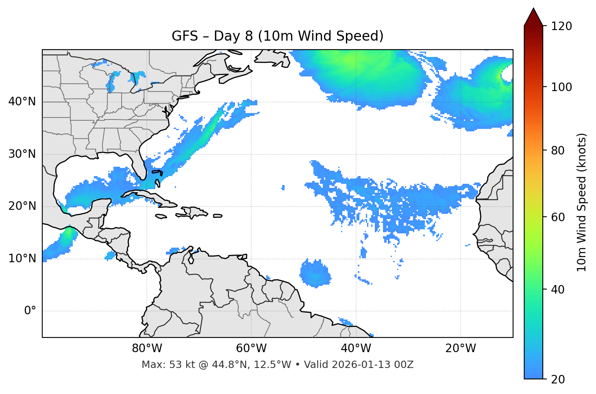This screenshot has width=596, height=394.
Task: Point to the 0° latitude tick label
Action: pyautogui.click(x=30, y=311)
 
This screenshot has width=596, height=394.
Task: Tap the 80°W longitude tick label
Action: pyautogui.click(x=147, y=348)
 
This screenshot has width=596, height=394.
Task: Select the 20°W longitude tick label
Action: pyautogui.click(x=461, y=348)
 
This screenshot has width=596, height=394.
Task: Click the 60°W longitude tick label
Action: pyautogui.click(x=251, y=348)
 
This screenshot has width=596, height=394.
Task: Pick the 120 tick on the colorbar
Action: pyautogui.click(x=561, y=26)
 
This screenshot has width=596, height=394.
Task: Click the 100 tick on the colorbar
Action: pyautogui.click(x=561, y=87)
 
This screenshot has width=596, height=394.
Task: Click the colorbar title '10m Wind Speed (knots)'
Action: pyautogui.click(x=582, y=202)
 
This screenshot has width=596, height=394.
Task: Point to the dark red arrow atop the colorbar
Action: pyautogui.click(x=533, y=17)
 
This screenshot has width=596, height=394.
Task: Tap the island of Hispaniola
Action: pyautogui.click(x=194, y=212)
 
